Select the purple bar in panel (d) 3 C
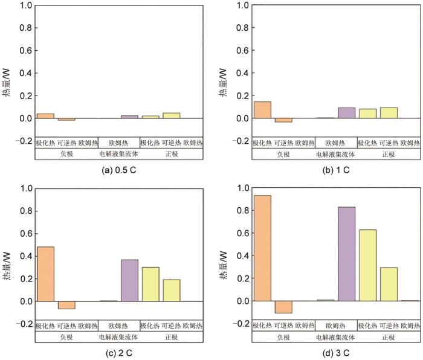pos(346,254)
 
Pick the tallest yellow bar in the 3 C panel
pos(367,265)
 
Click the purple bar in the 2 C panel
pos(129,280)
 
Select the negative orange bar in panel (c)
pos(66,305)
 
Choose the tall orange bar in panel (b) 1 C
pos(262,110)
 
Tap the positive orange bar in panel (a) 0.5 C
pos(45,116)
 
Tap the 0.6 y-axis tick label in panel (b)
pos(242,51)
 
